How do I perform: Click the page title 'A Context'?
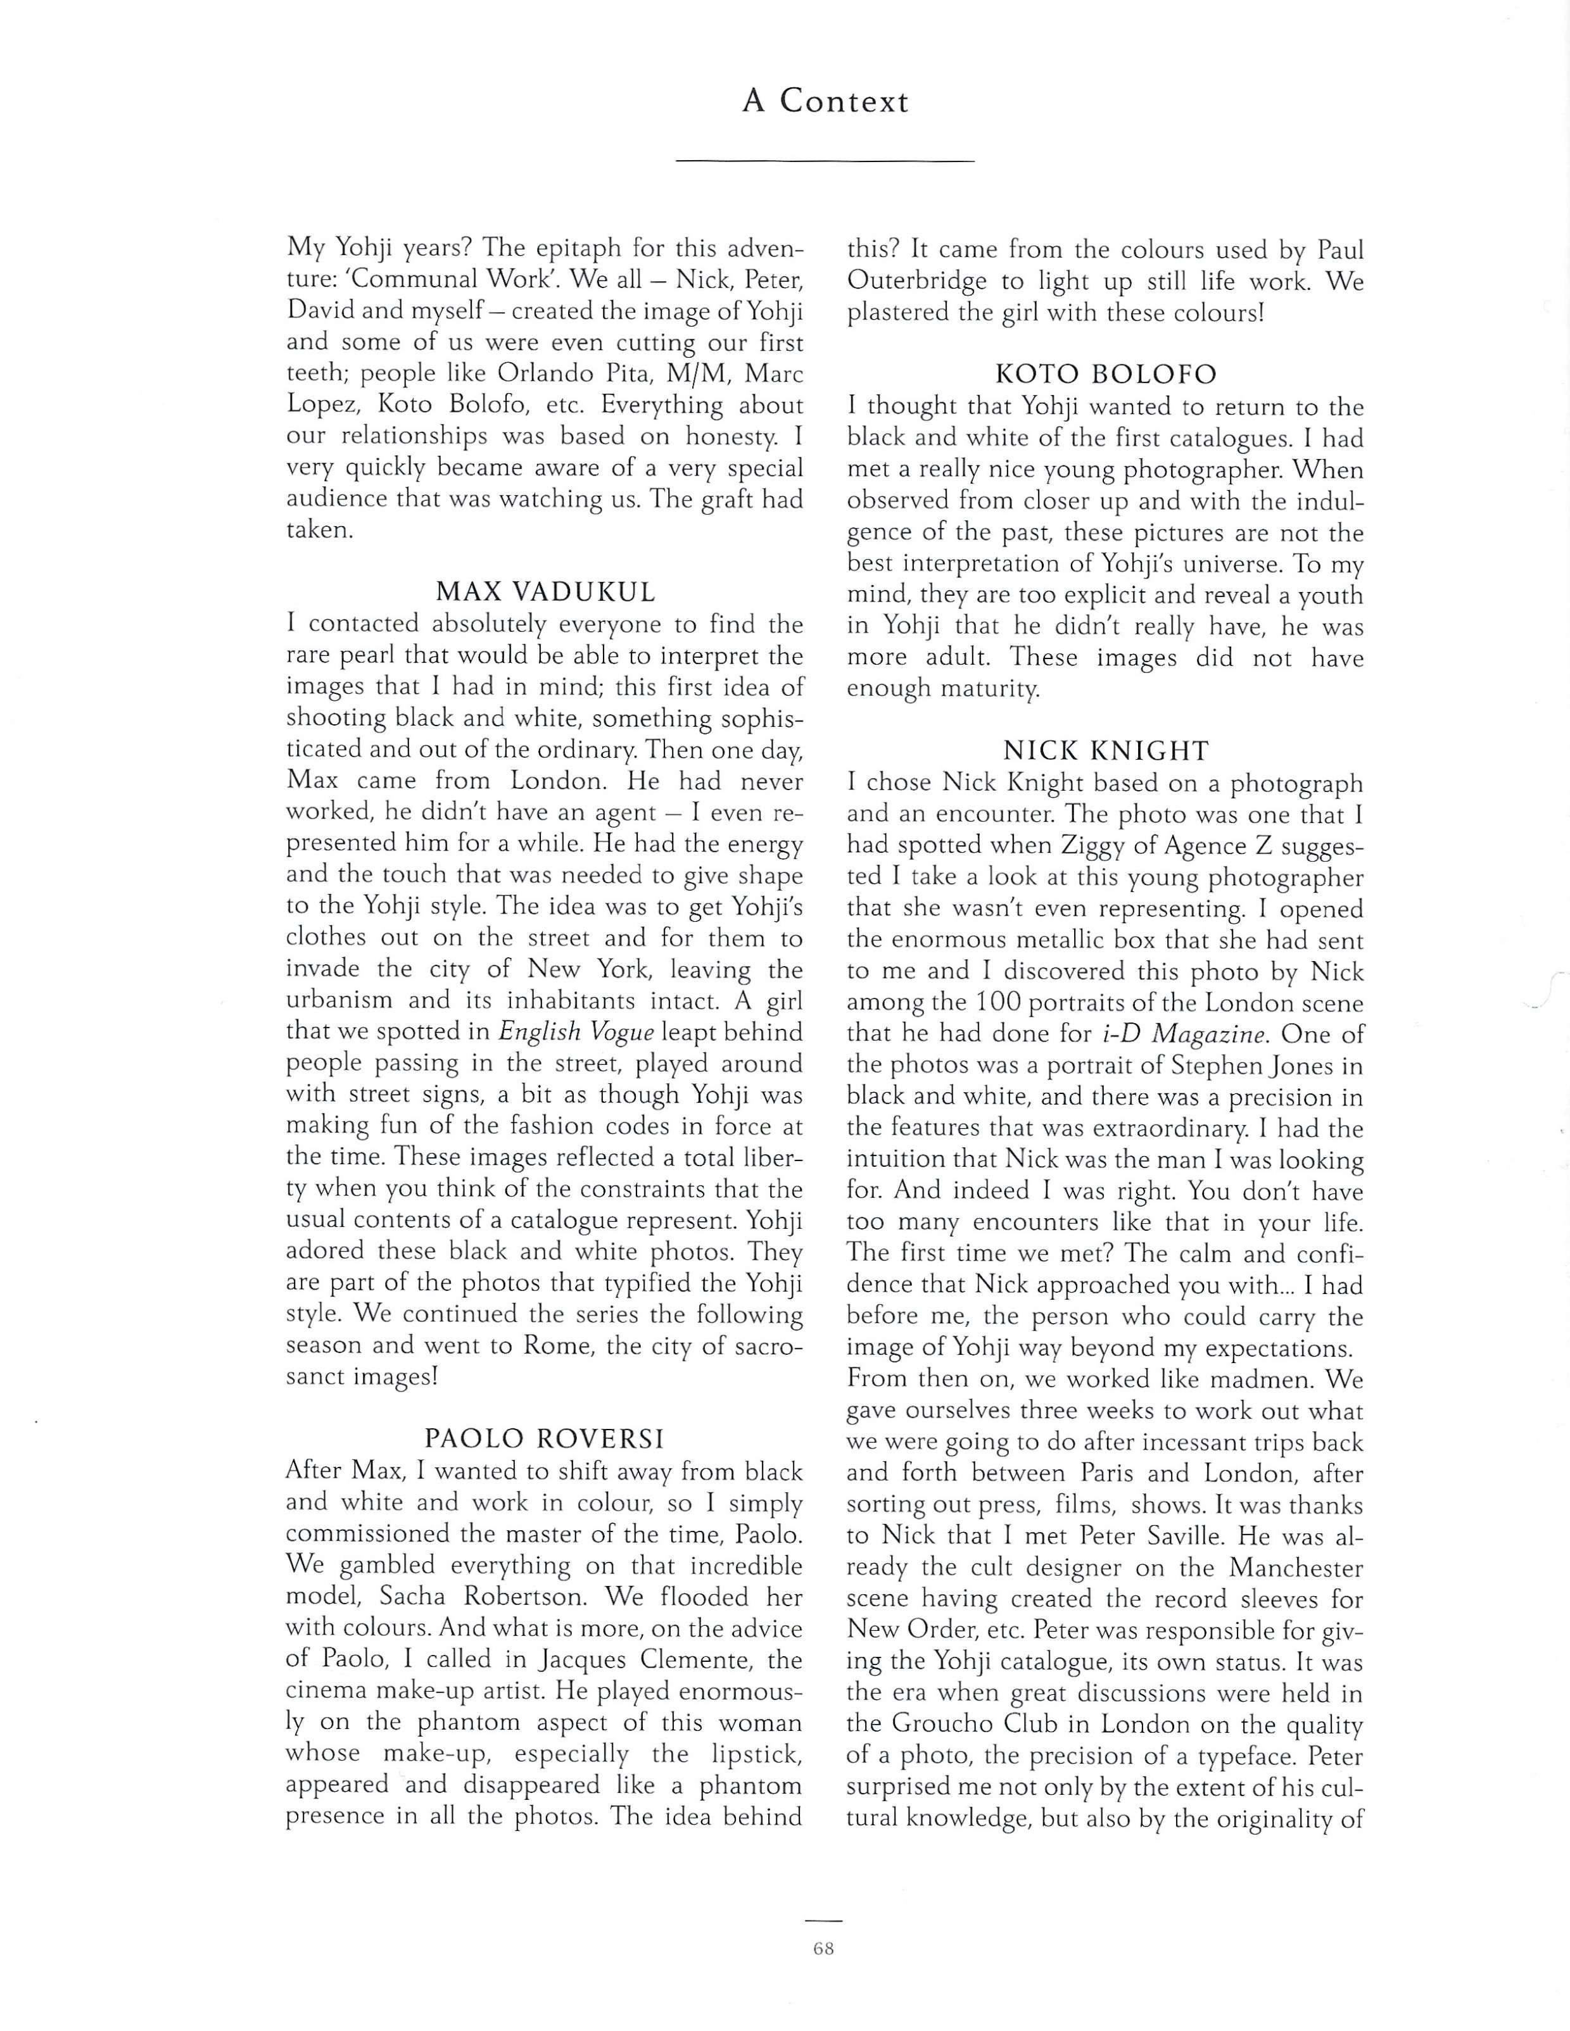pos(825,101)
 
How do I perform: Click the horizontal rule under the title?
pos(825,163)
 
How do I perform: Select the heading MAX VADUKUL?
pos(545,591)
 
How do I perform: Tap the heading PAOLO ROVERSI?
pos(545,1440)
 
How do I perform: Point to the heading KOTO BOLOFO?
pos(1105,375)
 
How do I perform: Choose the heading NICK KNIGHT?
pos(1105,750)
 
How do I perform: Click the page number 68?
pos(823,1949)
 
